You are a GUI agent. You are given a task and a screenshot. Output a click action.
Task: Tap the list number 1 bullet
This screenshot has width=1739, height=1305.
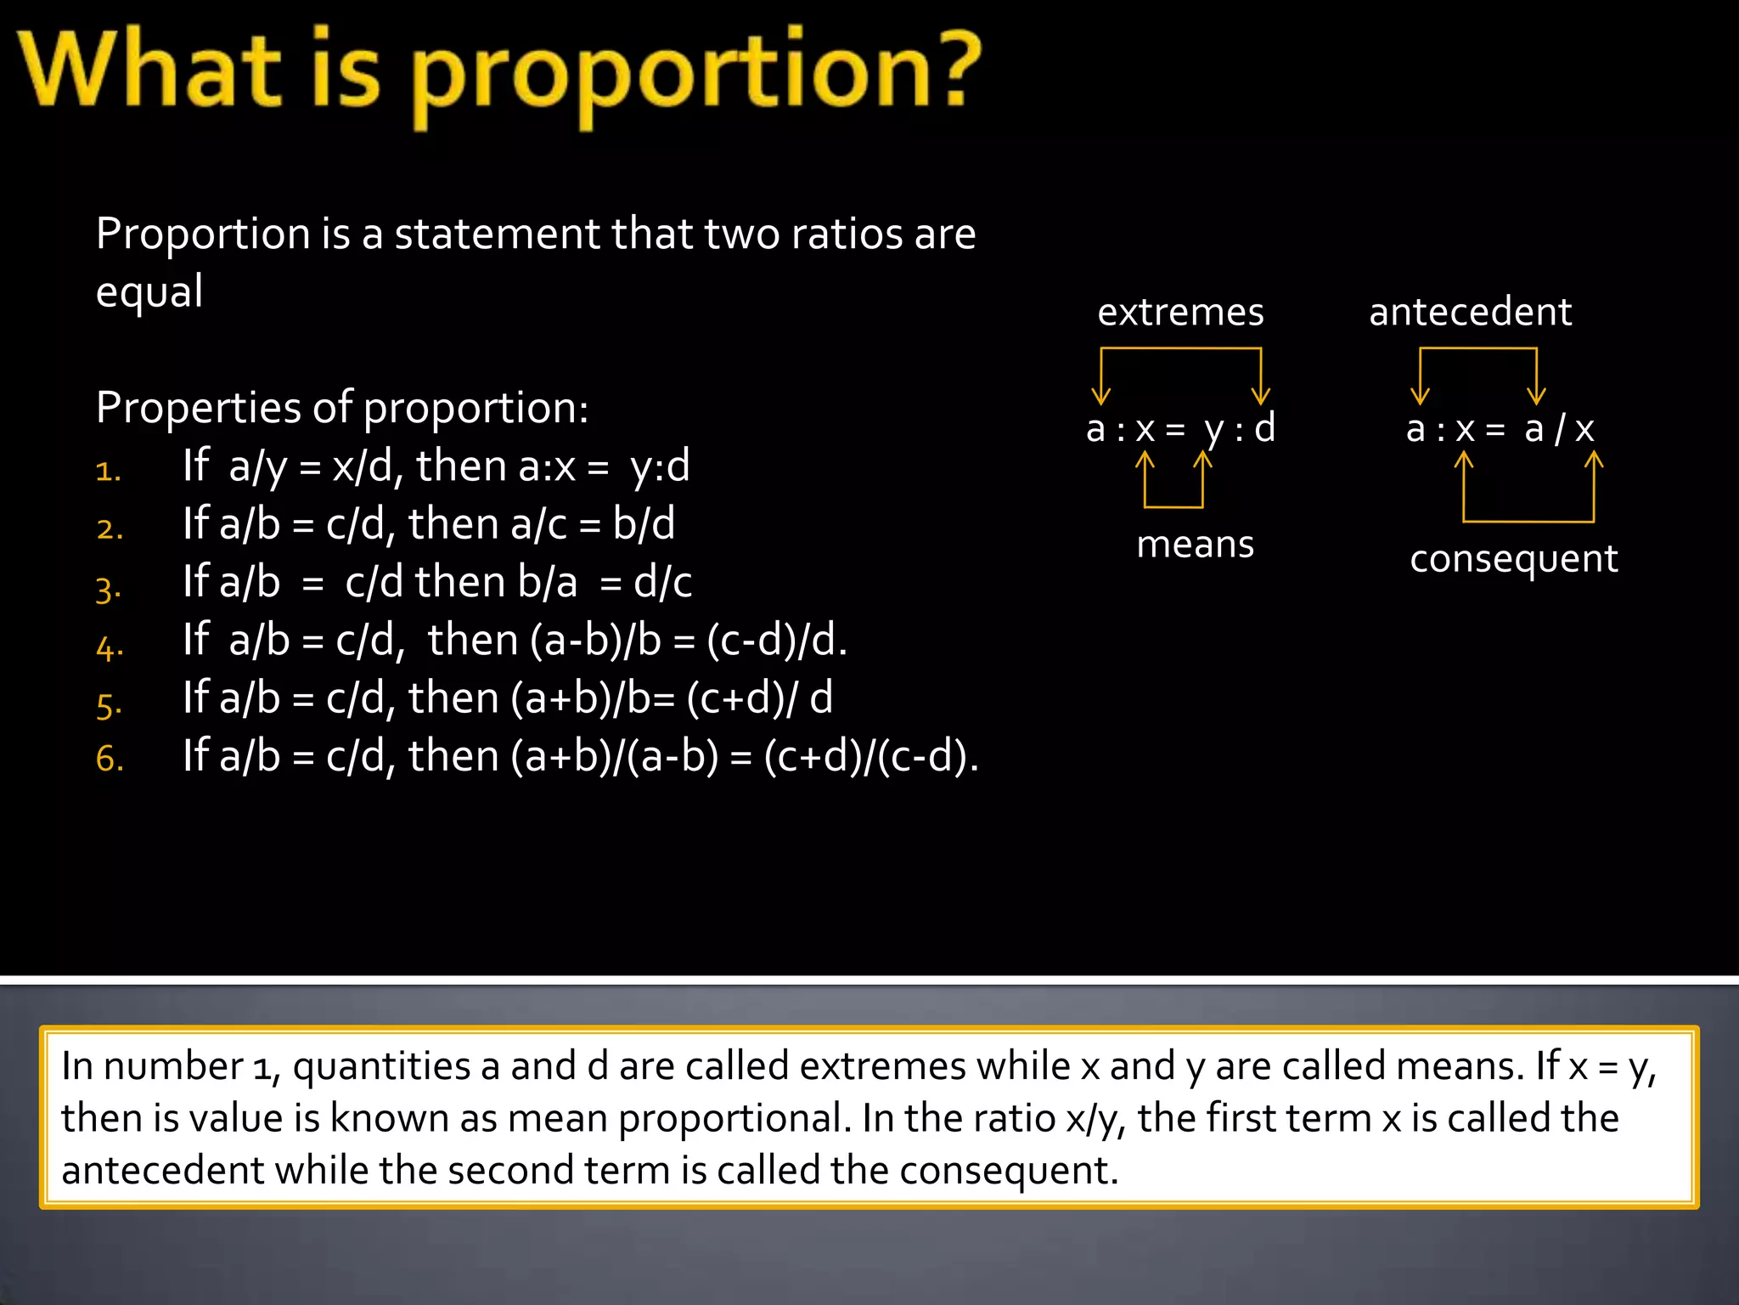coord(109,472)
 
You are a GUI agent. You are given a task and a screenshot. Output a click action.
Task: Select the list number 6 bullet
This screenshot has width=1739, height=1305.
coord(110,759)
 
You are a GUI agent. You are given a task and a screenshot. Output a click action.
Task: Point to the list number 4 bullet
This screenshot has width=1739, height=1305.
coord(110,648)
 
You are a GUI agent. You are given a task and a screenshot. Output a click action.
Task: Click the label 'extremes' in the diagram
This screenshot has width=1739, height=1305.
coord(1180,313)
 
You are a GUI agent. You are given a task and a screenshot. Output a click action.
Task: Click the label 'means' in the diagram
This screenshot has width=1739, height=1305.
coord(1195,545)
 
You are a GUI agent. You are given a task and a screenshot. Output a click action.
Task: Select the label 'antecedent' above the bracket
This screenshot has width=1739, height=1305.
coord(1470,312)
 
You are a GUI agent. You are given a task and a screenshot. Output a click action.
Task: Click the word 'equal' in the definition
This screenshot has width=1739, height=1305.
coord(149,291)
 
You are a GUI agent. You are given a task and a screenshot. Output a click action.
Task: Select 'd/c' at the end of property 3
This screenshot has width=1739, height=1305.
coord(662,583)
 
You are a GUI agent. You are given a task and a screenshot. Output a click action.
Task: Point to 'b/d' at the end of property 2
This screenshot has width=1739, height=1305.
coord(644,524)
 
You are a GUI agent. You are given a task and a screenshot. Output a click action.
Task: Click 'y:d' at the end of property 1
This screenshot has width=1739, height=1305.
coord(660,466)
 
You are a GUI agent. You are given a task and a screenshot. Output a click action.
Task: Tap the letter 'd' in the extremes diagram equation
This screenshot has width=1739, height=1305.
coord(1265,428)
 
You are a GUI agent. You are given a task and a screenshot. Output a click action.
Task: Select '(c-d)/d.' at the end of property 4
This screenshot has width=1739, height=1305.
coord(777,641)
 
